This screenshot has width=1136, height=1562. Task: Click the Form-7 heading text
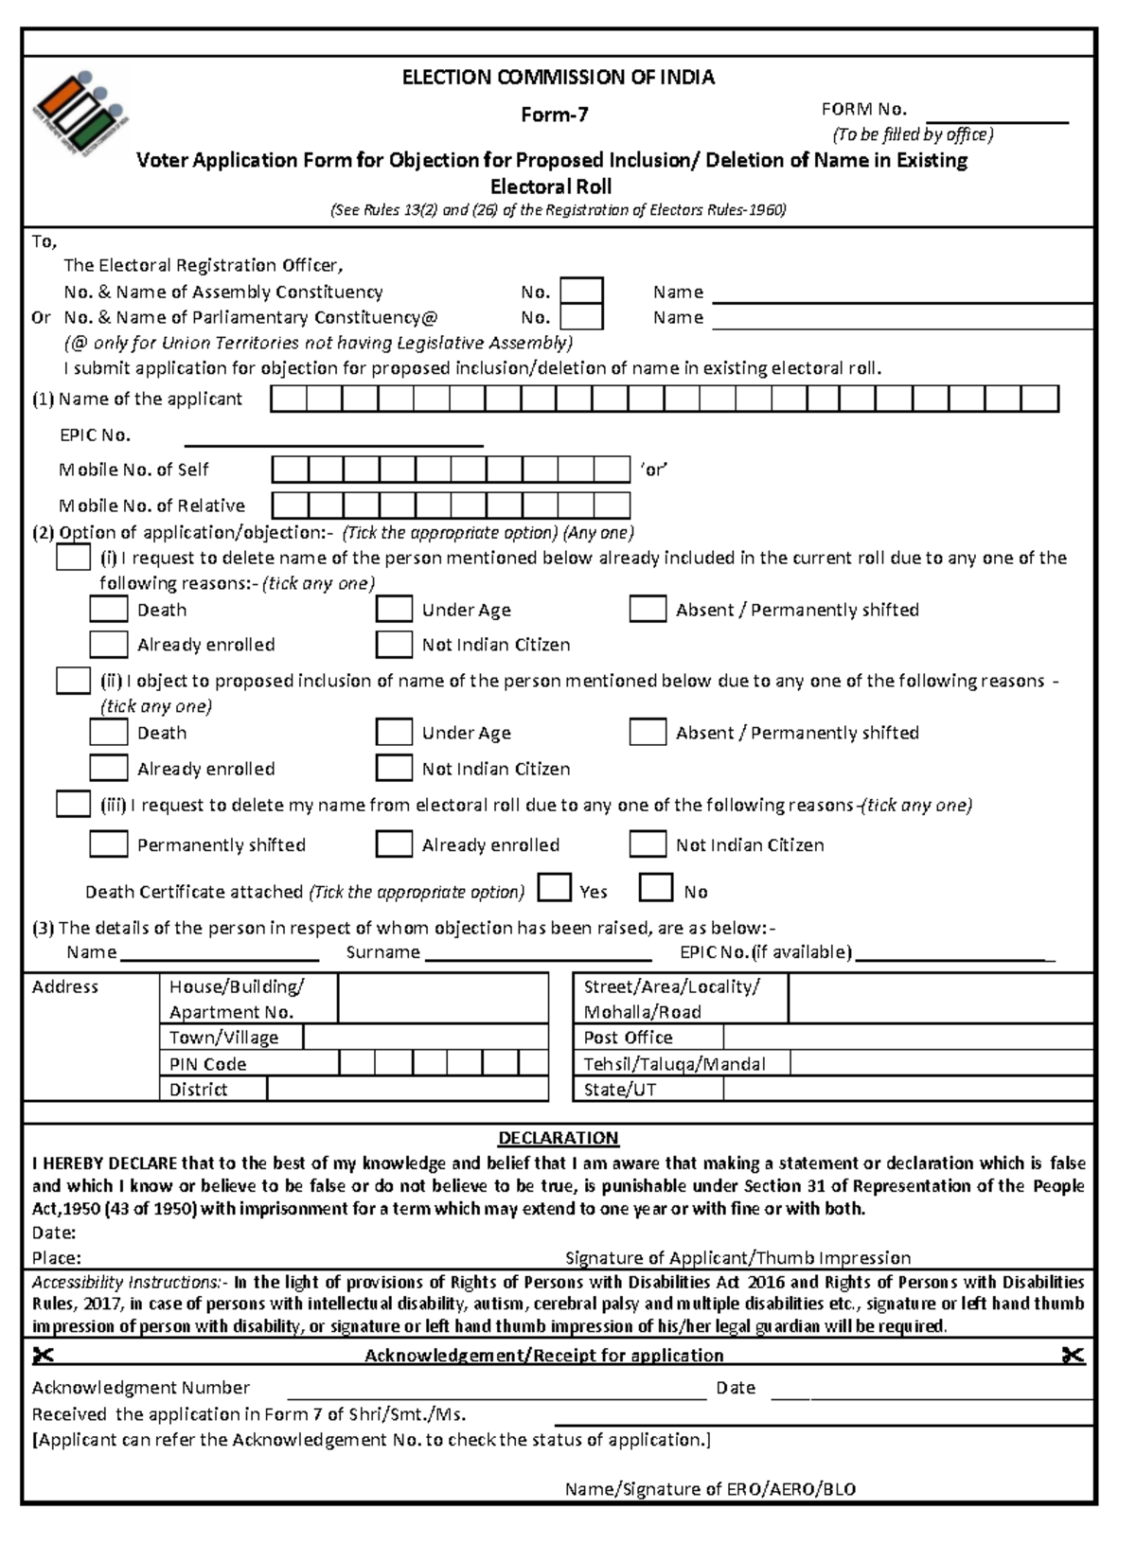(555, 115)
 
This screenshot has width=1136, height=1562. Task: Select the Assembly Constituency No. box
(581, 291)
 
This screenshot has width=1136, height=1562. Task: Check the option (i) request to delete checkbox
(73, 558)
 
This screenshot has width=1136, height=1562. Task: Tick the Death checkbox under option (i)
(108, 609)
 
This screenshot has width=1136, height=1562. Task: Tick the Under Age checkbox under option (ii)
(394, 732)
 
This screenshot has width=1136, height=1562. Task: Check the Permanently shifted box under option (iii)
(108, 843)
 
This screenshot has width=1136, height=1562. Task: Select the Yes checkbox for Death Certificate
(554, 889)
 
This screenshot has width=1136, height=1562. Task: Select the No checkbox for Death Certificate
(655, 889)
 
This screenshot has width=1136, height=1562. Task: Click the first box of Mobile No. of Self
(290, 470)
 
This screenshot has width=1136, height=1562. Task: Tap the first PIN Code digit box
(356, 1063)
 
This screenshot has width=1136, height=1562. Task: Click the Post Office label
(628, 1038)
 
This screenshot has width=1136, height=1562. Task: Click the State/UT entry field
(907, 1089)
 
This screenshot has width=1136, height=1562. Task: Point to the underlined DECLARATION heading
(559, 1138)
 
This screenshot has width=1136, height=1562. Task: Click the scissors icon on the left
(43, 1356)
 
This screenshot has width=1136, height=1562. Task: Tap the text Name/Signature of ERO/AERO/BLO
(710, 1489)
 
